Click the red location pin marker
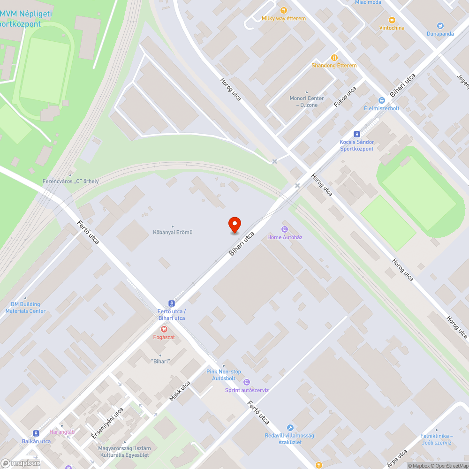(x=234, y=224)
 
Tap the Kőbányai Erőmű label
(x=173, y=232)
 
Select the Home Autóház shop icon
(x=284, y=229)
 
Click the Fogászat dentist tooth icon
(x=164, y=330)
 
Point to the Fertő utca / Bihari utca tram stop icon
(x=172, y=304)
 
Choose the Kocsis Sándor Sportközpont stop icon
(x=357, y=134)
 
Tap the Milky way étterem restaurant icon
(x=283, y=10)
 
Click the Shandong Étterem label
(x=334, y=65)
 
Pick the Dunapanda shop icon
(x=440, y=26)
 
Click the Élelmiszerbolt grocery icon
(x=381, y=100)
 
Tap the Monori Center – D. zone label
(x=307, y=101)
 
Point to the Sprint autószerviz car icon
(x=247, y=382)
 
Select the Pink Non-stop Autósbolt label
(x=224, y=374)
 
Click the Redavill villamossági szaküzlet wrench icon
(x=290, y=427)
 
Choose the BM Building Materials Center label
(x=25, y=308)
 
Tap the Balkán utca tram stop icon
(x=36, y=433)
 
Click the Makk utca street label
(x=180, y=392)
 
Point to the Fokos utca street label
(x=345, y=96)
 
